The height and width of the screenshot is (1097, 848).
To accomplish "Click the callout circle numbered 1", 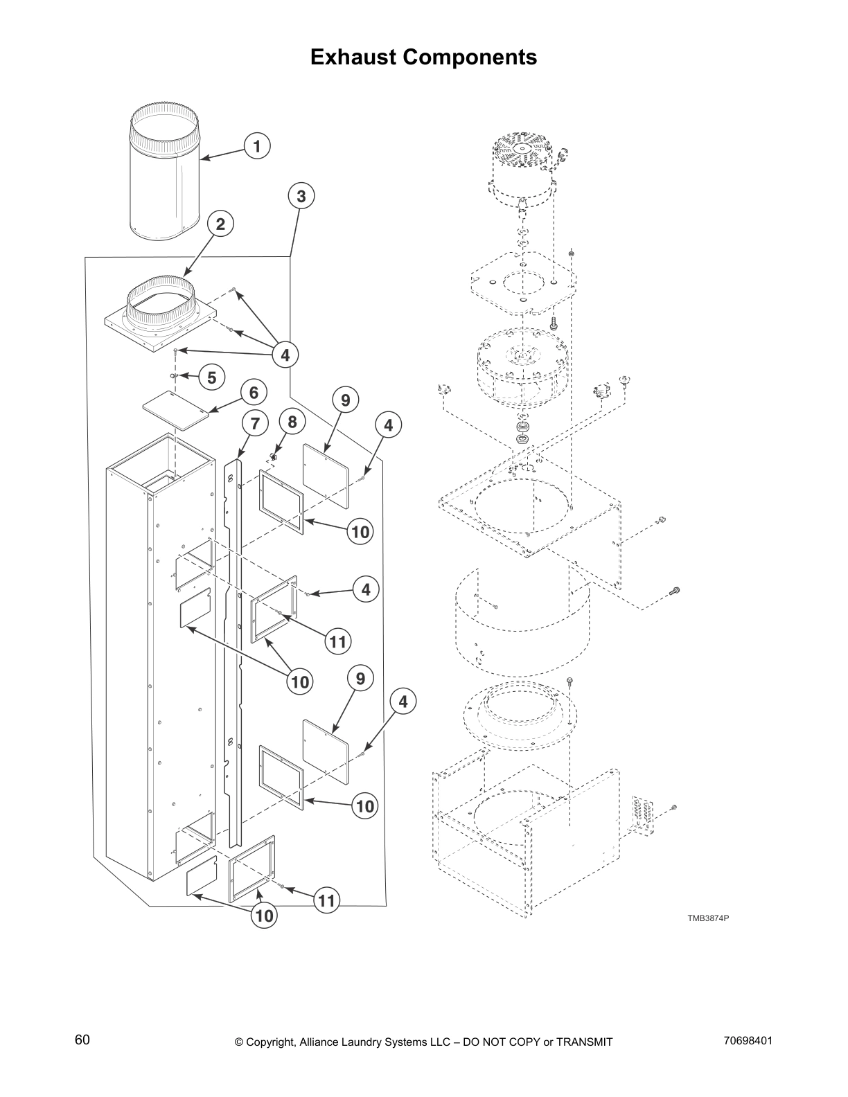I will pyautogui.click(x=257, y=146).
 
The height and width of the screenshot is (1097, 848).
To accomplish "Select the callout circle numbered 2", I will pyautogui.click(x=220, y=224).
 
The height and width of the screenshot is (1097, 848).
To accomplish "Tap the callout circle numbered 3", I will pyautogui.click(x=301, y=197).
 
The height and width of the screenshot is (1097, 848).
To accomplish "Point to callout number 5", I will pyautogui.click(x=212, y=377).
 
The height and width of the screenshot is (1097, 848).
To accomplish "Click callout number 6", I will pyautogui.click(x=254, y=393).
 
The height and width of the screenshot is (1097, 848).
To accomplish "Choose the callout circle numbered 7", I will pyautogui.click(x=254, y=423).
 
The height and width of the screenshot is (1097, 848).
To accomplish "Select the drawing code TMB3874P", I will pyautogui.click(x=707, y=918).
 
